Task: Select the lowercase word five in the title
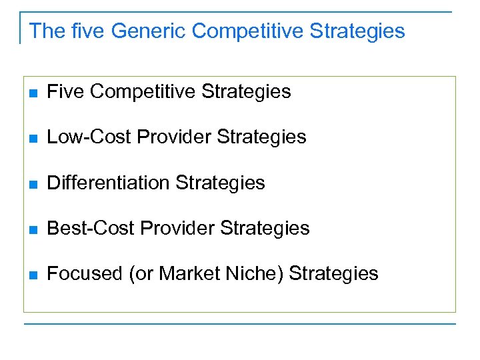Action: [x=89, y=31]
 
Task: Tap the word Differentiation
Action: [x=111, y=183]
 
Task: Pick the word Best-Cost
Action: [x=89, y=228]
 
